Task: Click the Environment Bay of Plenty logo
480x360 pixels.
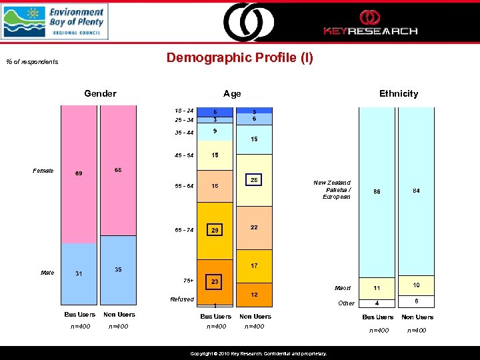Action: [55, 21]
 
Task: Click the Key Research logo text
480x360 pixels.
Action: [370, 31]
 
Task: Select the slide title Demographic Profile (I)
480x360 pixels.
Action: [239, 58]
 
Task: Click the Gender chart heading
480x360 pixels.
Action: [100, 93]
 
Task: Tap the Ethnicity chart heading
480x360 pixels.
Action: [398, 93]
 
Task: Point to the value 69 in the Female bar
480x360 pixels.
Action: [79, 174]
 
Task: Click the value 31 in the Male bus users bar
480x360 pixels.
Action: [79, 274]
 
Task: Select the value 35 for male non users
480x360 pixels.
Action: [118, 270]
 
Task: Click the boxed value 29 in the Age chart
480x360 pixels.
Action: [215, 230]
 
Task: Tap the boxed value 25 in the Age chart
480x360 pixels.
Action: [254, 181]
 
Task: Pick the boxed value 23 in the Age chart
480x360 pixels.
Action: [215, 282]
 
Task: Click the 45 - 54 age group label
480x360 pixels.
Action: [183, 155]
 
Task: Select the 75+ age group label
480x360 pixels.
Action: [188, 280]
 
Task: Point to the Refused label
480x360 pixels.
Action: [182, 299]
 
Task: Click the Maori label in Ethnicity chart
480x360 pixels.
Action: [343, 289]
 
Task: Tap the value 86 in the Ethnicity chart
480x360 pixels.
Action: [377, 191]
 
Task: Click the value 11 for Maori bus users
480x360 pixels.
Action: [377, 289]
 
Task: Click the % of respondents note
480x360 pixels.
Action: [32, 62]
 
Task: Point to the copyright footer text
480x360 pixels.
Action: [258, 354]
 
